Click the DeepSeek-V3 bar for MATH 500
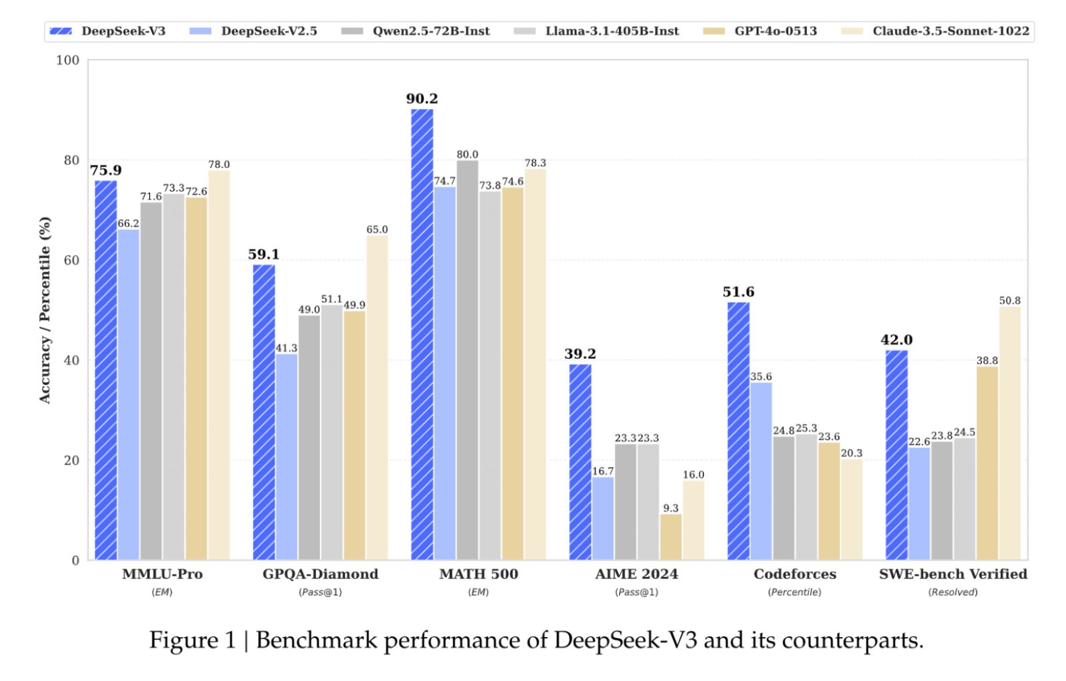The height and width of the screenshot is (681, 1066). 422,333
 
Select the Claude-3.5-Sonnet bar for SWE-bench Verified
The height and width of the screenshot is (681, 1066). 1009,433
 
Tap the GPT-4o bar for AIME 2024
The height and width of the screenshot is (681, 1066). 671,536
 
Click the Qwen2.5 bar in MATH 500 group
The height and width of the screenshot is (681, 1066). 467,360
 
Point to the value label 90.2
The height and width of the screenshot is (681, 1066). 422,99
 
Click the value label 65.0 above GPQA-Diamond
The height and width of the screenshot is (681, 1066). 377,230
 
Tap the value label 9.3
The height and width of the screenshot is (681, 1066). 671,508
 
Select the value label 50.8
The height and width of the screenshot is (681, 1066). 1009,301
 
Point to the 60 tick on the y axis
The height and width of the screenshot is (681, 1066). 71,261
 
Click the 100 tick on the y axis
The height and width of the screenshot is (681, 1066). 68,61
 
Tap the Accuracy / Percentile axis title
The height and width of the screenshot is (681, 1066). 45,310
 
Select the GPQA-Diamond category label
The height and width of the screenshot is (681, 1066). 320,574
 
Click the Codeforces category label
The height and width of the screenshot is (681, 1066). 794,574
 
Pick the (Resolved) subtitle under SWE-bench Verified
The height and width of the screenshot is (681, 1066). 953,592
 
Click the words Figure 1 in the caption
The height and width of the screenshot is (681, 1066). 192,640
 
